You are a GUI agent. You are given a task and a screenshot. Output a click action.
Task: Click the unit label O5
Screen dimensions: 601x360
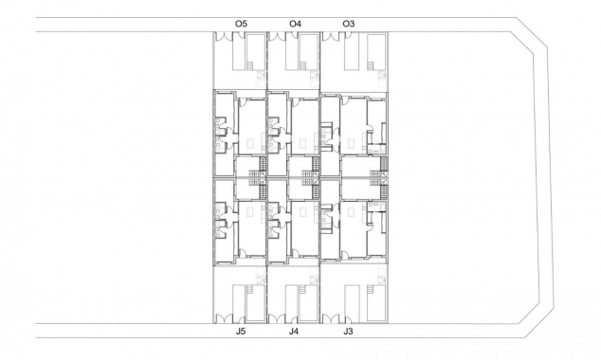[x=241, y=24]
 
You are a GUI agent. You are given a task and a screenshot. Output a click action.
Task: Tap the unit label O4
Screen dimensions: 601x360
[x=295, y=24]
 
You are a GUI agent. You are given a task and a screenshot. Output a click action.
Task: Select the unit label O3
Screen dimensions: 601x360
[x=349, y=24]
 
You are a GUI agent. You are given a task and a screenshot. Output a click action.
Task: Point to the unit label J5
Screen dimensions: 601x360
[x=241, y=332]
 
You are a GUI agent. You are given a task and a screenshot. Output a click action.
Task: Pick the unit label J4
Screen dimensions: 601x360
[x=294, y=332]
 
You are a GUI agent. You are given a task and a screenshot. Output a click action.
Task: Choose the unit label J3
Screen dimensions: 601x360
[x=348, y=332]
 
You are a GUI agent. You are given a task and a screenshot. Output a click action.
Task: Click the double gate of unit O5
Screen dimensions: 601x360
[x=223, y=37]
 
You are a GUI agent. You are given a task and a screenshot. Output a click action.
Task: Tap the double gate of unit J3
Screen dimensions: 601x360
[x=331, y=318]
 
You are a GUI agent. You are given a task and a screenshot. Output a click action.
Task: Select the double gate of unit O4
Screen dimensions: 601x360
[x=277, y=37]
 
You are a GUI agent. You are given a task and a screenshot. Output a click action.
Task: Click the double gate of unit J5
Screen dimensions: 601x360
[x=223, y=318]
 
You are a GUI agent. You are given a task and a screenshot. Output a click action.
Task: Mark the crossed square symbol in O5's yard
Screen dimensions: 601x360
[x=262, y=75]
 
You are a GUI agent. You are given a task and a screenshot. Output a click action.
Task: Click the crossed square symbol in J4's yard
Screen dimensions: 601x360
[x=315, y=280]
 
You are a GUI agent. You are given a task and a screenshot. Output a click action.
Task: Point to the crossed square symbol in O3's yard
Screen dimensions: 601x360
[x=382, y=75]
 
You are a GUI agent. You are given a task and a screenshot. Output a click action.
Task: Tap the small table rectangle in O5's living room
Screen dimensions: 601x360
[x=250, y=143]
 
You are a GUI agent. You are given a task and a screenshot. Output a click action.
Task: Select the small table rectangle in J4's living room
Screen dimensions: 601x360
[x=302, y=212]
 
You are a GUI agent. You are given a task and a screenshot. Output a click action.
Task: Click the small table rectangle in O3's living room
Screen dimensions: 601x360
[x=351, y=143]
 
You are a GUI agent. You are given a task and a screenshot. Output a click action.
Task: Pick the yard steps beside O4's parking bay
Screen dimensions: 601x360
[x=302, y=66]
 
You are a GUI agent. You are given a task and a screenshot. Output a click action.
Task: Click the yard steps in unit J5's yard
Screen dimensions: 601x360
[x=250, y=290]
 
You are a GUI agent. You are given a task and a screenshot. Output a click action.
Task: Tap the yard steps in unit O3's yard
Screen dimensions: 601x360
[x=371, y=66]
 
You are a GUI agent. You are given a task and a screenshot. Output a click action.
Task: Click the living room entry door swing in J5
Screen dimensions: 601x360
[x=243, y=253]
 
